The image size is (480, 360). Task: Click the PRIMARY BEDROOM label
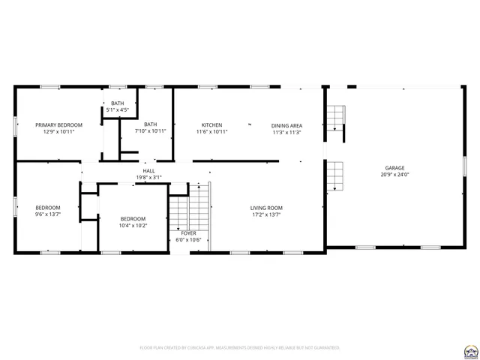click(x=58, y=124)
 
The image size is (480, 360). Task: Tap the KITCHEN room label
click(x=211, y=124)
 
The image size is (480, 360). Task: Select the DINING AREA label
click(x=286, y=125)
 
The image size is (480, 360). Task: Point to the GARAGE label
click(x=395, y=168)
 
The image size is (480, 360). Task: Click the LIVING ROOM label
click(x=266, y=208)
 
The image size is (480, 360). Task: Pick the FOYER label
click(x=188, y=233)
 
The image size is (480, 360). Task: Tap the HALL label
click(x=148, y=171)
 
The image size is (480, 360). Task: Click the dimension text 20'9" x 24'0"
click(x=395, y=175)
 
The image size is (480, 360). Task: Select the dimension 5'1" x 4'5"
click(x=118, y=110)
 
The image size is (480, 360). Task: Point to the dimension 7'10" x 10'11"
click(x=151, y=131)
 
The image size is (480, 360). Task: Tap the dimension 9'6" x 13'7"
click(x=48, y=214)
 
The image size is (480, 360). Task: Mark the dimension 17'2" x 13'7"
click(x=266, y=214)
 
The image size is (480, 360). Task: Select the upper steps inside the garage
click(x=335, y=117)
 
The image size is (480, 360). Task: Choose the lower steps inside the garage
click(x=335, y=175)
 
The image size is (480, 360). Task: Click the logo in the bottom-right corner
click(x=470, y=349)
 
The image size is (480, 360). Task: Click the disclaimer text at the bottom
click(x=240, y=348)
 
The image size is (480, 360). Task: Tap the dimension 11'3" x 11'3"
click(x=286, y=132)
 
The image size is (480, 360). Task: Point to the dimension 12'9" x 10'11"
click(x=58, y=131)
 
